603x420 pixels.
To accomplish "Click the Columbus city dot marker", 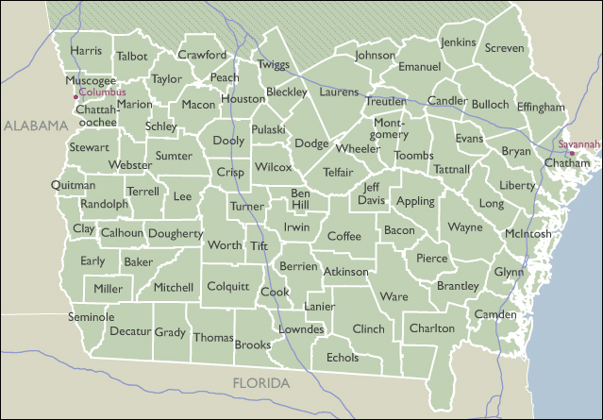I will pyautogui.click(x=75, y=96).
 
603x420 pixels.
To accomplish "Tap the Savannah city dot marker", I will pyautogui.click(x=571, y=153).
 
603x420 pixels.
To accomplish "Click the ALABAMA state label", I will pyautogui.click(x=32, y=126).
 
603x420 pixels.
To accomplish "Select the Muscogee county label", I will pyautogui.click(x=91, y=81).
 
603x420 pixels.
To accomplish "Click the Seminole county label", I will pyautogui.click(x=92, y=317).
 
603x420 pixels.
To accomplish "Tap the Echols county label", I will pyautogui.click(x=343, y=358).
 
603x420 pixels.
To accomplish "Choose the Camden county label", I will pyautogui.click(x=495, y=313).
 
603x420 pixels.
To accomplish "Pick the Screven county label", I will pyautogui.click(x=505, y=48).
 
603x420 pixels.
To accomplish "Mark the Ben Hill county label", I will pyautogui.click(x=299, y=199).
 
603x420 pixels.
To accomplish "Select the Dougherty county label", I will pyautogui.click(x=176, y=233).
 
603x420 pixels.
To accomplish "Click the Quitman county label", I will pyautogui.click(x=74, y=185).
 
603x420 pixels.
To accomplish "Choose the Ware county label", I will pyautogui.click(x=394, y=296).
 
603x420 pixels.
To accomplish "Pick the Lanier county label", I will pyautogui.click(x=320, y=307).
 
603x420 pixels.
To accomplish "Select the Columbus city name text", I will pyautogui.click(x=102, y=92).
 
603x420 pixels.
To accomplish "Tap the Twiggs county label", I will pyautogui.click(x=273, y=64).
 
